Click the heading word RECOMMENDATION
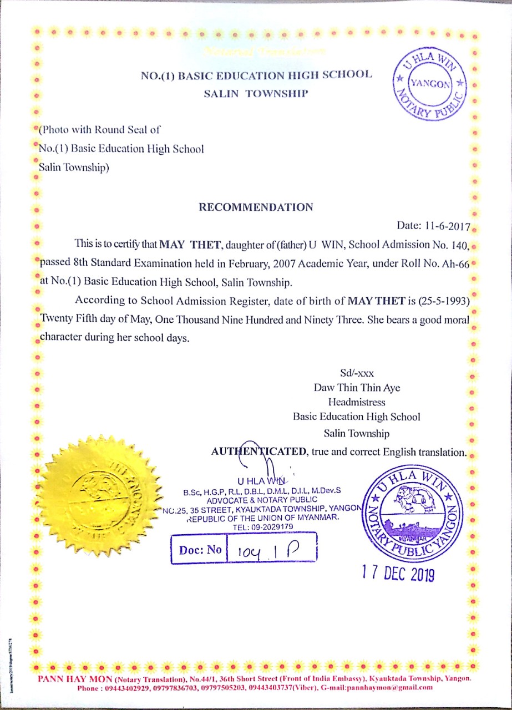[x=256, y=207]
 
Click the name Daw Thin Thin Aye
[x=357, y=388]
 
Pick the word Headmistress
[x=357, y=402]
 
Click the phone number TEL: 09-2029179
[x=262, y=526]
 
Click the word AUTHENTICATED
[x=259, y=452]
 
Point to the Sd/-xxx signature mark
[x=357, y=373]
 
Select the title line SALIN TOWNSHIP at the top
[x=255, y=93]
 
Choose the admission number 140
[x=460, y=244]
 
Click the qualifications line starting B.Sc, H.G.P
[x=262, y=491]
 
